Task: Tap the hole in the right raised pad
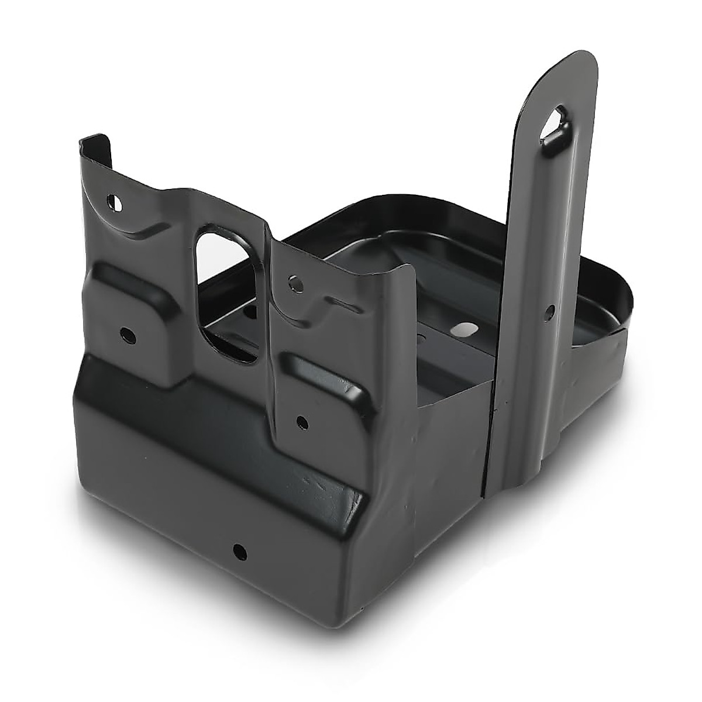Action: (301, 420)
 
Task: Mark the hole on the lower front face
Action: (239, 550)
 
